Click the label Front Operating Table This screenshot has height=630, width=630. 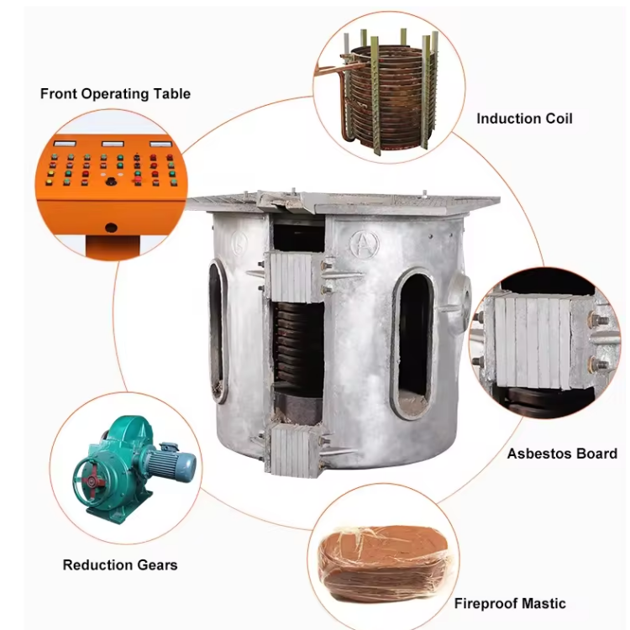point(115,93)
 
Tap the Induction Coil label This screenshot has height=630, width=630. point(524,118)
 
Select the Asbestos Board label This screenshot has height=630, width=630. point(561,454)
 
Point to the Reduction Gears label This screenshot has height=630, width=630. point(120,564)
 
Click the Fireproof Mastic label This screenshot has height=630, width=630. point(510,603)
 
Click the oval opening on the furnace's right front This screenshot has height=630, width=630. point(412,344)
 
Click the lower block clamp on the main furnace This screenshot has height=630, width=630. point(293,449)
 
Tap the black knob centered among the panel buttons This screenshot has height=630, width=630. point(110,181)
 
